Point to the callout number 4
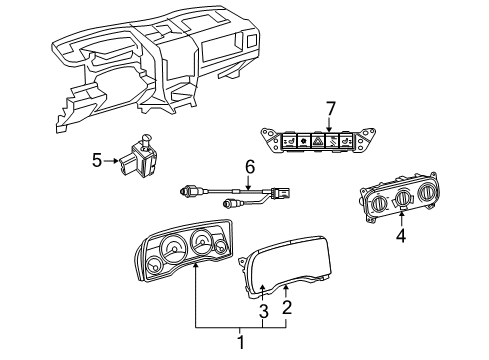pos(401,237)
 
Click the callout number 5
pos(97,158)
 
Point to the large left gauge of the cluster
pos(172,248)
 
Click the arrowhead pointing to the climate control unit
pos(401,218)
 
